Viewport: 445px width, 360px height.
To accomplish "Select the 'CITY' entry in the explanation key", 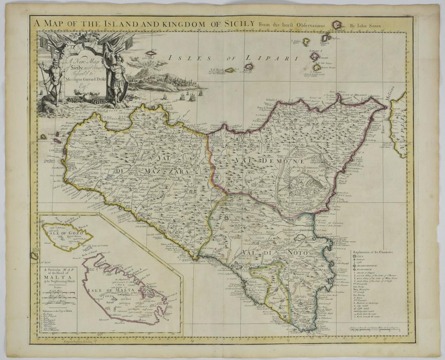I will tap(360, 256).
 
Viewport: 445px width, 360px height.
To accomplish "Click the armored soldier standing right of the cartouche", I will tap(117, 77).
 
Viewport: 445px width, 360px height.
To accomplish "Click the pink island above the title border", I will tap(337, 25).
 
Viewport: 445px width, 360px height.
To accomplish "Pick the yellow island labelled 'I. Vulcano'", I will tap(317, 68).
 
